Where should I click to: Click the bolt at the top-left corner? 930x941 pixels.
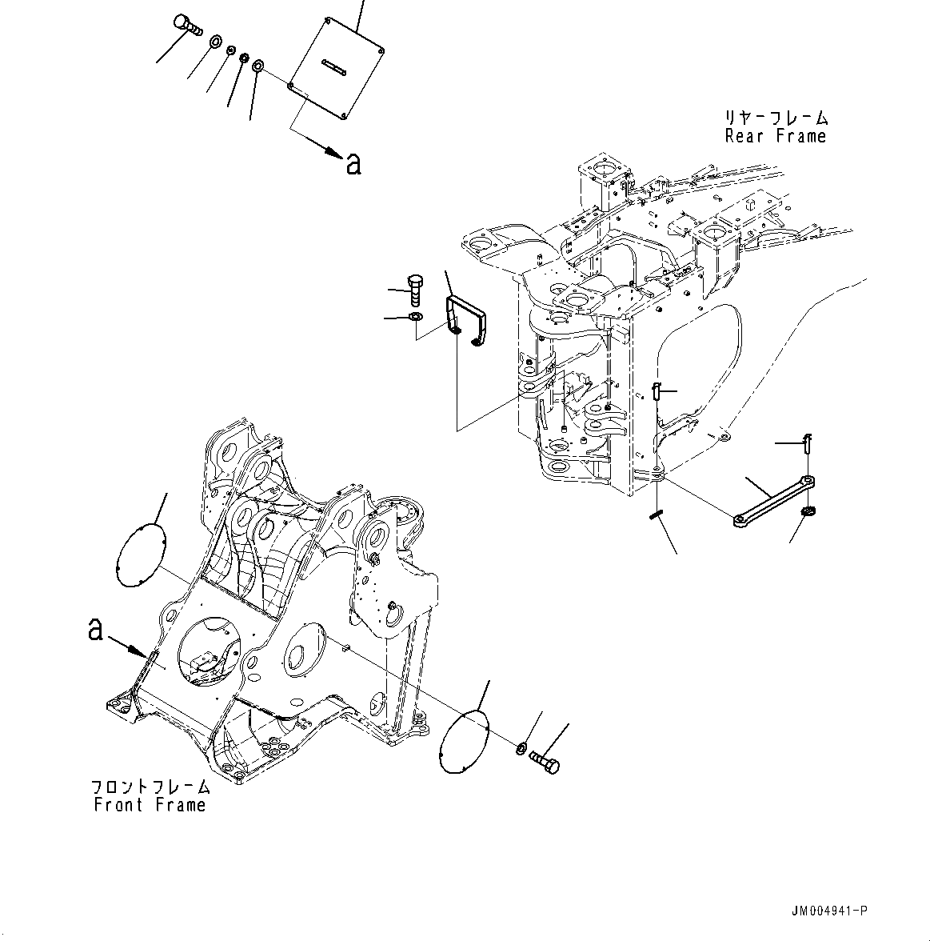[x=186, y=26]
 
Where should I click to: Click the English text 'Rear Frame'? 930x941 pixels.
[x=775, y=136]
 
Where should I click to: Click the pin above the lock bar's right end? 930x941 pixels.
[x=808, y=442]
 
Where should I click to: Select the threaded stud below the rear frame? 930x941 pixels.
[x=657, y=517]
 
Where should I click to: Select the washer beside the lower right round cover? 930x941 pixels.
[x=521, y=748]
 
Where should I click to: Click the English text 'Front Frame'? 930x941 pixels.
[x=150, y=805]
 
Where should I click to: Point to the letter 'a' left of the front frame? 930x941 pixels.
[x=96, y=631]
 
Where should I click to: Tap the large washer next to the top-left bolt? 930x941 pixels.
[x=216, y=42]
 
